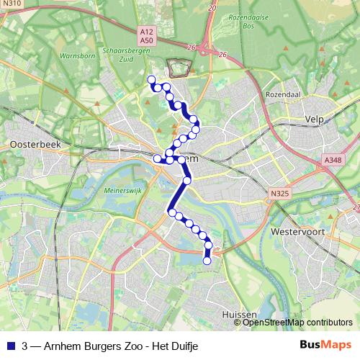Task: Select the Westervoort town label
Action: [297, 232]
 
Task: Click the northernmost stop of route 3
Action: [150, 79]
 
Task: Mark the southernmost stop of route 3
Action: [207, 261]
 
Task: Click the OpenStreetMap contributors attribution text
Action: [297, 323]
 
